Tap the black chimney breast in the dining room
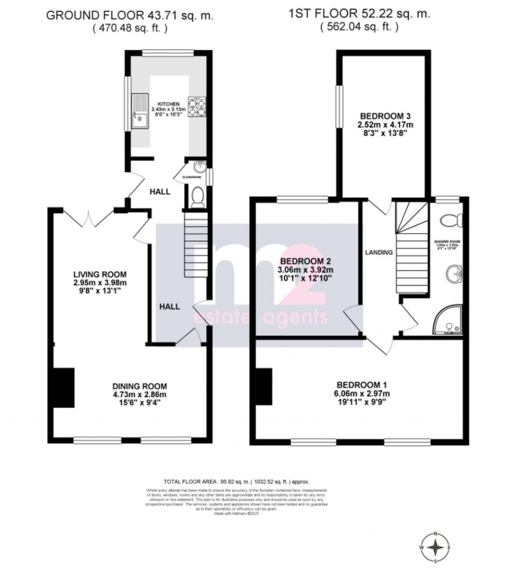pos(64,387)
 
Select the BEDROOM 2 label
pos(306,261)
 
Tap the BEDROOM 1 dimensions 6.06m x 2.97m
pos(361,393)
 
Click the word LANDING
pos(379,252)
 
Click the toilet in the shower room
pos(451,220)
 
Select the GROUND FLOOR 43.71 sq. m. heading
pos(129,15)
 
